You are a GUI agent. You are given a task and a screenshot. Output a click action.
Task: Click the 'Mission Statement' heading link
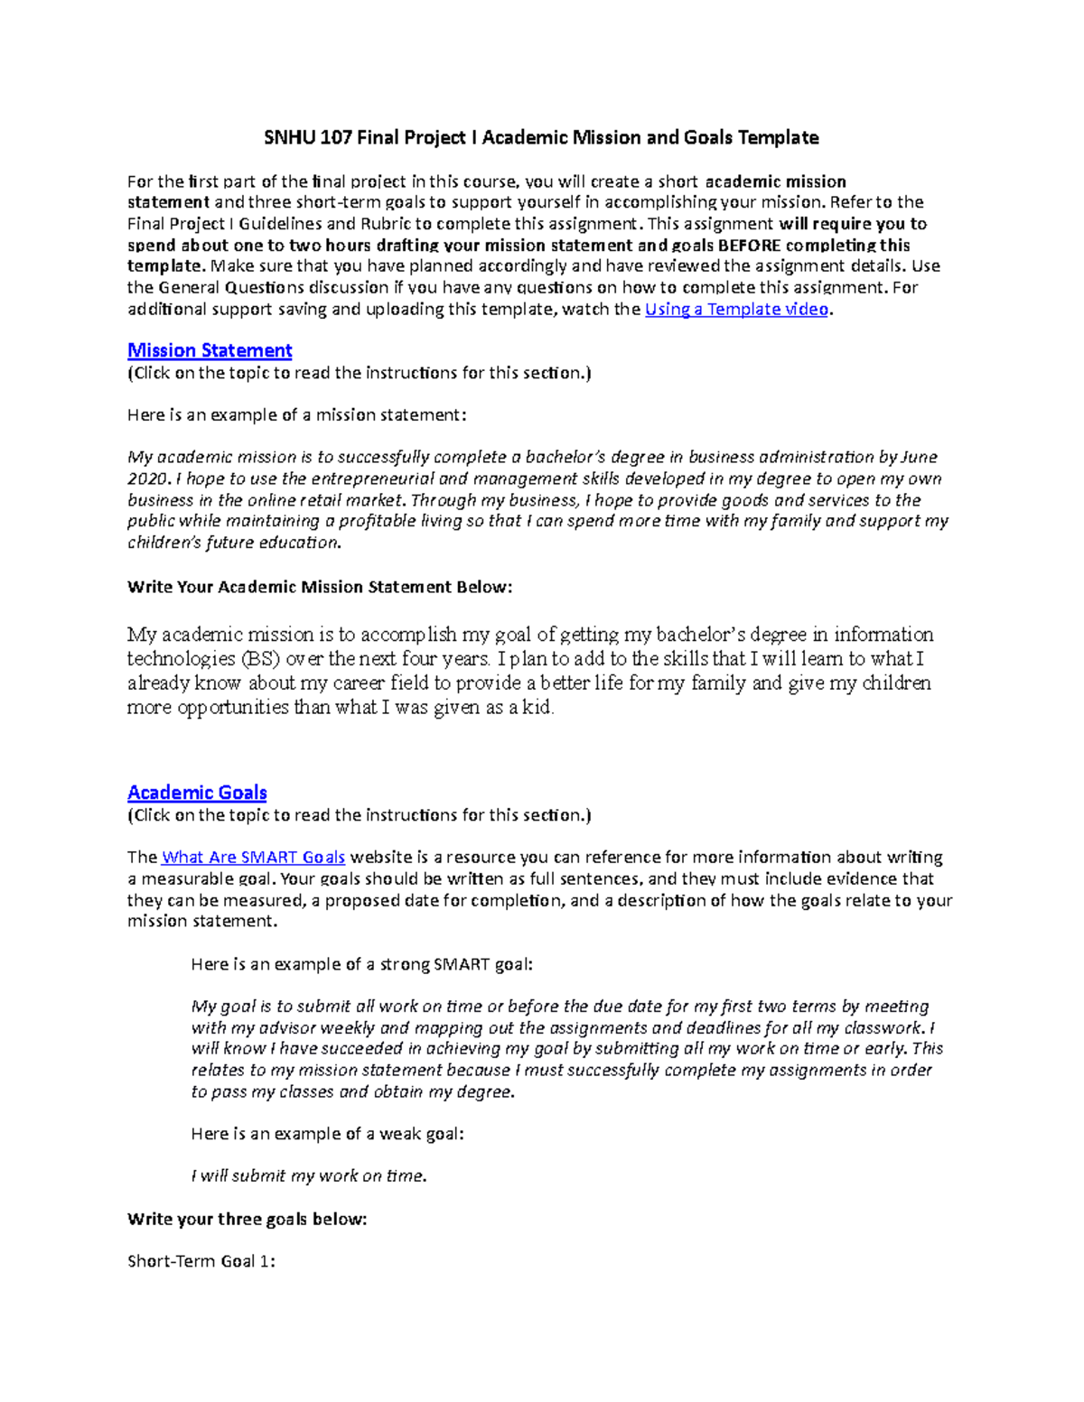(x=210, y=350)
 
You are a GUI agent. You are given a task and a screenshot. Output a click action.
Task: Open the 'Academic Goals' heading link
(x=197, y=793)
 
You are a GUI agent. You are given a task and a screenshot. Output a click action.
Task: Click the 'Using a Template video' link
(x=736, y=309)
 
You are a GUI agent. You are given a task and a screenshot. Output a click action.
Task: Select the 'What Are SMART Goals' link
(x=253, y=857)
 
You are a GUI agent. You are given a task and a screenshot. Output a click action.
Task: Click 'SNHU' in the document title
(x=285, y=137)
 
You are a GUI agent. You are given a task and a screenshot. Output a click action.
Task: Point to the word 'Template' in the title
(x=778, y=137)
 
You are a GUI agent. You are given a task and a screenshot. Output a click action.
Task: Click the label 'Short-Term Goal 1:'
(x=201, y=1261)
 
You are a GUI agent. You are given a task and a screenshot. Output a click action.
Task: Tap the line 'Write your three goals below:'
(x=248, y=1219)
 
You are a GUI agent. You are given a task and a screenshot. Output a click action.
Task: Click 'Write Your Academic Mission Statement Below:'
(x=320, y=587)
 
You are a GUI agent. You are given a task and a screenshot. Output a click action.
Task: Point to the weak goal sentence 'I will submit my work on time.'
(x=308, y=1175)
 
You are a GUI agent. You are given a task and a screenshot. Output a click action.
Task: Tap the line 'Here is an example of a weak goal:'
(x=327, y=1134)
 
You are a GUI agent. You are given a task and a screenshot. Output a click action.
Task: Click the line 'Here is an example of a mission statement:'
(x=297, y=415)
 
